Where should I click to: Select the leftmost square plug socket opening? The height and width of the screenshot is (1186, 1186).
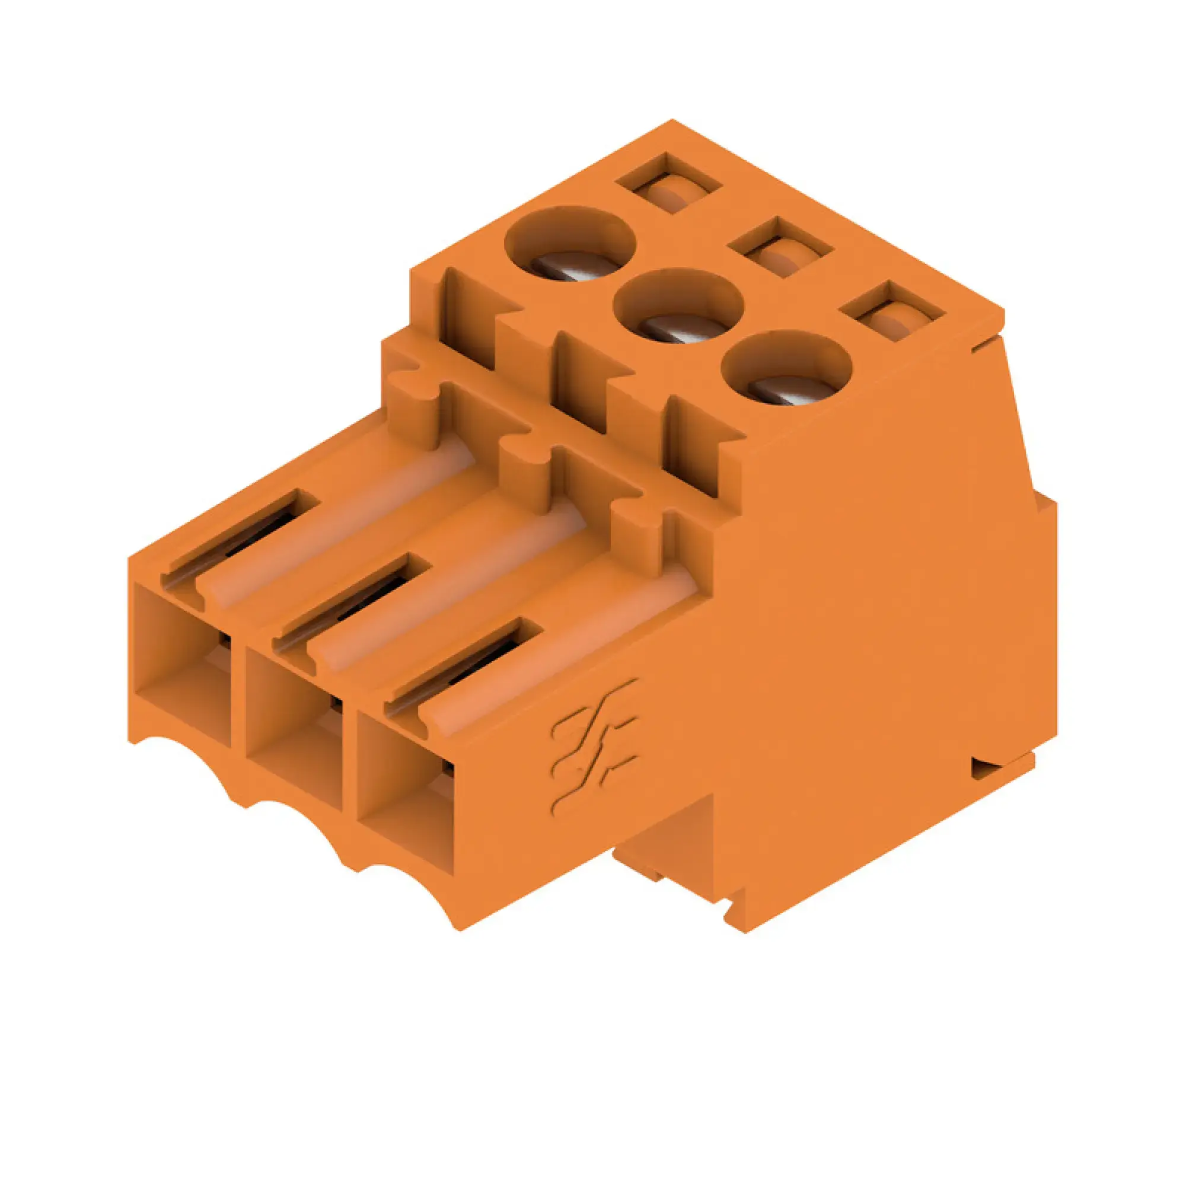[x=183, y=666]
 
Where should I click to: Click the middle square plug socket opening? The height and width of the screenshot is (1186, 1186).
[x=294, y=731]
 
